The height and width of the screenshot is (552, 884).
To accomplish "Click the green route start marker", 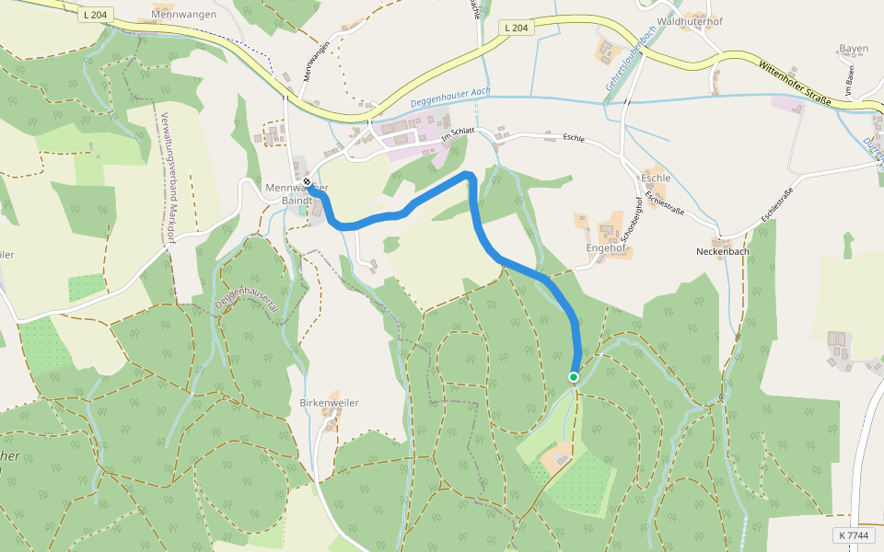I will (574, 377).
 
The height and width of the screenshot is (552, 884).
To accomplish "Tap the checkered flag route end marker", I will (307, 182).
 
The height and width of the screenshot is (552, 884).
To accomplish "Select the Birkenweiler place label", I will (329, 403).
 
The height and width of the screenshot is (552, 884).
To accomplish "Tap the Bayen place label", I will (854, 48).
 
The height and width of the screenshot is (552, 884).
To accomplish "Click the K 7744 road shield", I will (854, 535).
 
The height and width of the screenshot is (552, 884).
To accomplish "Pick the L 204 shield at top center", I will (518, 29).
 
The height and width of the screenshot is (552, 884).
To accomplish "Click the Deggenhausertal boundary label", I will (247, 293).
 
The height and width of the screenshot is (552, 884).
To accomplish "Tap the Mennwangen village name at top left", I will (184, 15).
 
